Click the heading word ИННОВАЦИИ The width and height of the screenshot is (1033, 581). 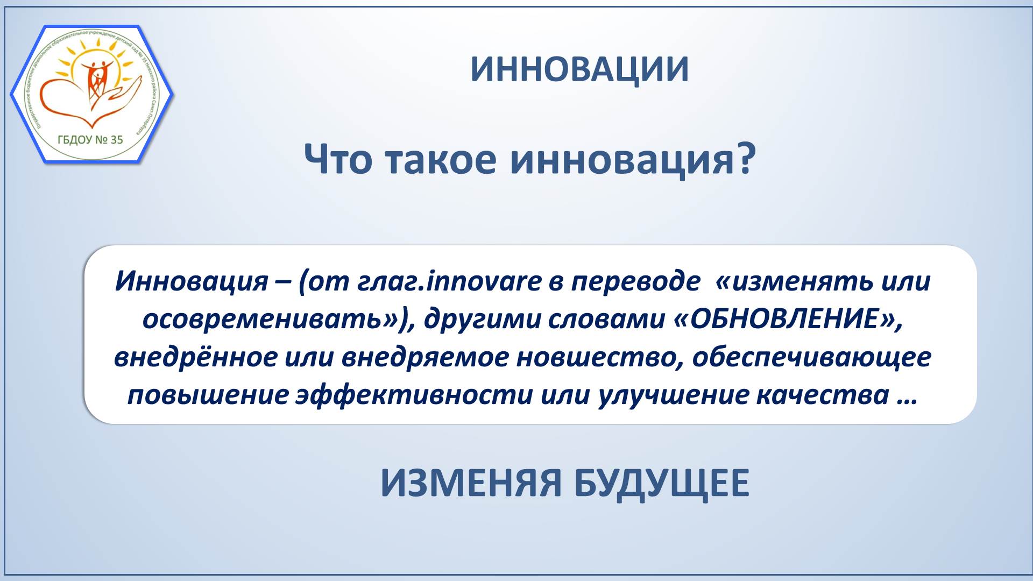click(x=579, y=69)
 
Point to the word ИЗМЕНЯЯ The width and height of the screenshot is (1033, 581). click(x=471, y=483)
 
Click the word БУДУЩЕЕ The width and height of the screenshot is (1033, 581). click(x=661, y=484)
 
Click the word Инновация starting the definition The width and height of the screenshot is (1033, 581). click(x=192, y=281)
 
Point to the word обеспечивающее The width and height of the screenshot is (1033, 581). click(x=811, y=357)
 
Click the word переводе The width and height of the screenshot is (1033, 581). click(x=635, y=281)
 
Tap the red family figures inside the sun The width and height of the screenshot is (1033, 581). click(x=98, y=81)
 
